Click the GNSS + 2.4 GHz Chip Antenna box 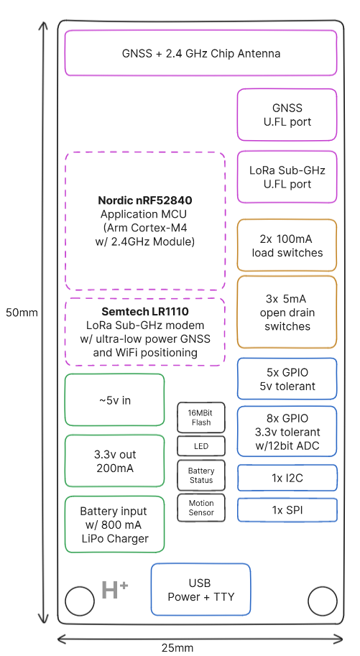[x=200, y=53]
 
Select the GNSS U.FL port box [x=287, y=115]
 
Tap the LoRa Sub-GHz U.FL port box [x=287, y=177]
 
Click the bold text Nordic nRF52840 [x=145, y=200]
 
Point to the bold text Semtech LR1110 [x=145, y=313]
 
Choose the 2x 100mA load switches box [x=287, y=245]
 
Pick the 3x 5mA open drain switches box [x=287, y=312]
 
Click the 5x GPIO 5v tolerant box [x=287, y=379]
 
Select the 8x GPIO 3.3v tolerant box [x=287, y=432]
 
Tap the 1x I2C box [x=287, y=477]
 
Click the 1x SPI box [x=287, y=509]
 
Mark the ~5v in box [x=115, y=400]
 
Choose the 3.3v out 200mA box [x=115, y=461]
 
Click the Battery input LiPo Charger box [x=115, y=525]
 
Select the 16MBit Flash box [x=201, y=417]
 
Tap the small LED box [x=201, y=446]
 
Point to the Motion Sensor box [x=201, y=508]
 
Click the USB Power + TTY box [x=200, y=589]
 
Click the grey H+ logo [x=114, y=590]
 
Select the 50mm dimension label [x=22, y=313]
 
